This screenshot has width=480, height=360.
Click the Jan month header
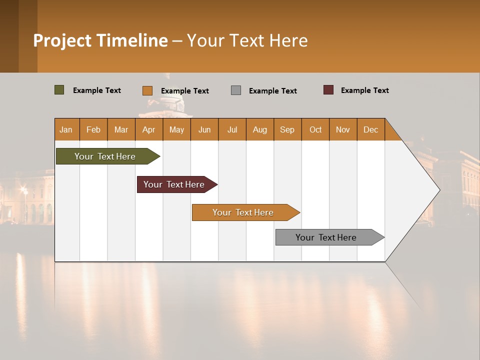[66, 129]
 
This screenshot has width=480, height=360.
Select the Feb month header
[93, 129]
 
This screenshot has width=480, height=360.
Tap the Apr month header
[149, 129]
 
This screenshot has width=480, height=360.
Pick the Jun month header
[204, 129]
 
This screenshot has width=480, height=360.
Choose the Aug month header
[260, 129]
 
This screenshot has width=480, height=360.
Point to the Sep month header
[287, 129]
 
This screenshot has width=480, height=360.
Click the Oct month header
[315, 129]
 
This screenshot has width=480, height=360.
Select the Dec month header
[371, 129]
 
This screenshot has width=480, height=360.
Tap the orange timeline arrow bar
[244, 212]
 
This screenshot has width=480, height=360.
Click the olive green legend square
[59, 90]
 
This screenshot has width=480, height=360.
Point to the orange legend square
[147, 90]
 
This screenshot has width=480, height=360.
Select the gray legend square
[236, 90]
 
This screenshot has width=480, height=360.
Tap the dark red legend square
[328, 90]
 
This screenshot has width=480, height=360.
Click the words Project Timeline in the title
[100, 40]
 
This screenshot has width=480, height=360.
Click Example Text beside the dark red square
[364, 90]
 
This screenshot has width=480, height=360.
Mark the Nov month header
[343, 129]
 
